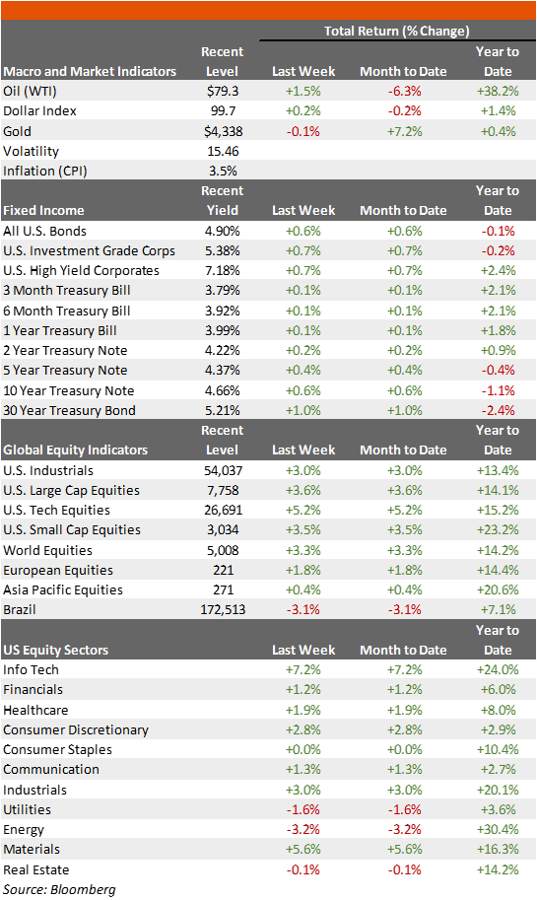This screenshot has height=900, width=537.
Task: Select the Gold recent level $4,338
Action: coord(224,131)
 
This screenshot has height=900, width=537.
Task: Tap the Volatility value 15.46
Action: coord(224,152)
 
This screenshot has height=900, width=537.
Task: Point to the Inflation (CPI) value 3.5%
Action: coord(224,172)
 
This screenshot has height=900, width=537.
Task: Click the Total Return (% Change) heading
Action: coord(397,31)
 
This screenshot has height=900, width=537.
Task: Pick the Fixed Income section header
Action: coord(43,211)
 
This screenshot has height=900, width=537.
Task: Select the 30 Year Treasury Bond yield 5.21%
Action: coord(223,410)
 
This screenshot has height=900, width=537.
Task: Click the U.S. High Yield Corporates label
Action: coord(82,271)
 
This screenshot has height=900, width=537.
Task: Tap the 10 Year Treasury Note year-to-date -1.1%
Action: coord(498,391)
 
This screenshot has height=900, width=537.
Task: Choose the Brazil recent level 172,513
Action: coord(224,609)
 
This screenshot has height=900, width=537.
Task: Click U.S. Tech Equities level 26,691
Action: coord(224,511)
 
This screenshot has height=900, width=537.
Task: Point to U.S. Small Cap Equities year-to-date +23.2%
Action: coord(498,529)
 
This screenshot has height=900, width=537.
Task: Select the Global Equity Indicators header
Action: coord(76,450)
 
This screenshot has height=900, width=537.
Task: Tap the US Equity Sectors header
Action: coord(55,651)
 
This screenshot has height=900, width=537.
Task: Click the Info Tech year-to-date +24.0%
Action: coord(498,670)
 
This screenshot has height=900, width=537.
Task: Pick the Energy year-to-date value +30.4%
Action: coord(498,829)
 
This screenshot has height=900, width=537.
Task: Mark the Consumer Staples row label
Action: coord(57,749)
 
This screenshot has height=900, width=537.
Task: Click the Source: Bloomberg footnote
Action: coord(59,890)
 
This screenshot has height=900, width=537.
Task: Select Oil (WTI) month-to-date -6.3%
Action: coord(404,92)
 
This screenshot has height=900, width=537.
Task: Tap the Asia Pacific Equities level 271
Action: coord(224,590)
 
